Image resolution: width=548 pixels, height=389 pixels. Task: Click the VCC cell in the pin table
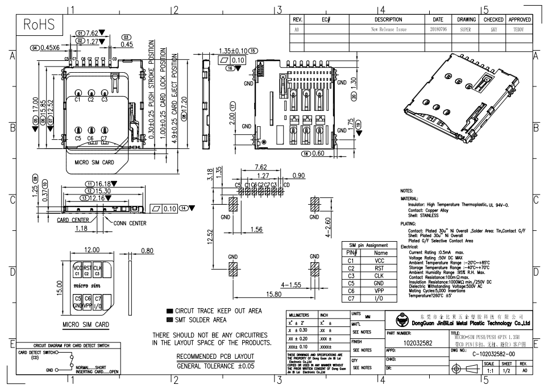pyautogui.click(x=380, y=260)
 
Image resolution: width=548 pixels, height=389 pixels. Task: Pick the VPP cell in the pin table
pyautogui.click(x=380, y=291)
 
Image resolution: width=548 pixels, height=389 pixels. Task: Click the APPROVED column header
pyautogui.click(x=520, y=19)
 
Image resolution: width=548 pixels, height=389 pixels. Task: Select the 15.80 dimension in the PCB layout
pyautogui.click(x=274, y=294)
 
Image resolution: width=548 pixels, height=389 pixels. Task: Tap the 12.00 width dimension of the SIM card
pyautogui.click(x=92, y=250)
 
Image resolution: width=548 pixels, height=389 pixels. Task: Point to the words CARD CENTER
pyautogui.click(x=72, y=220)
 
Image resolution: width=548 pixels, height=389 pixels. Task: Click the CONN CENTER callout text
pyautogui.click(x=131, y=223)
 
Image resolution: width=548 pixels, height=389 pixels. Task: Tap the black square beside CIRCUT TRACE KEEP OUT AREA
pyautogui.click(x=169, y=312)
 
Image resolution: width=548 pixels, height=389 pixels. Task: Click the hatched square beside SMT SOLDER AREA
pyautogui.click(x=169, y=320)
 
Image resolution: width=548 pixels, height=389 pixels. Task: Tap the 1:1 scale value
pyautogui.click(x=489, y=370)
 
